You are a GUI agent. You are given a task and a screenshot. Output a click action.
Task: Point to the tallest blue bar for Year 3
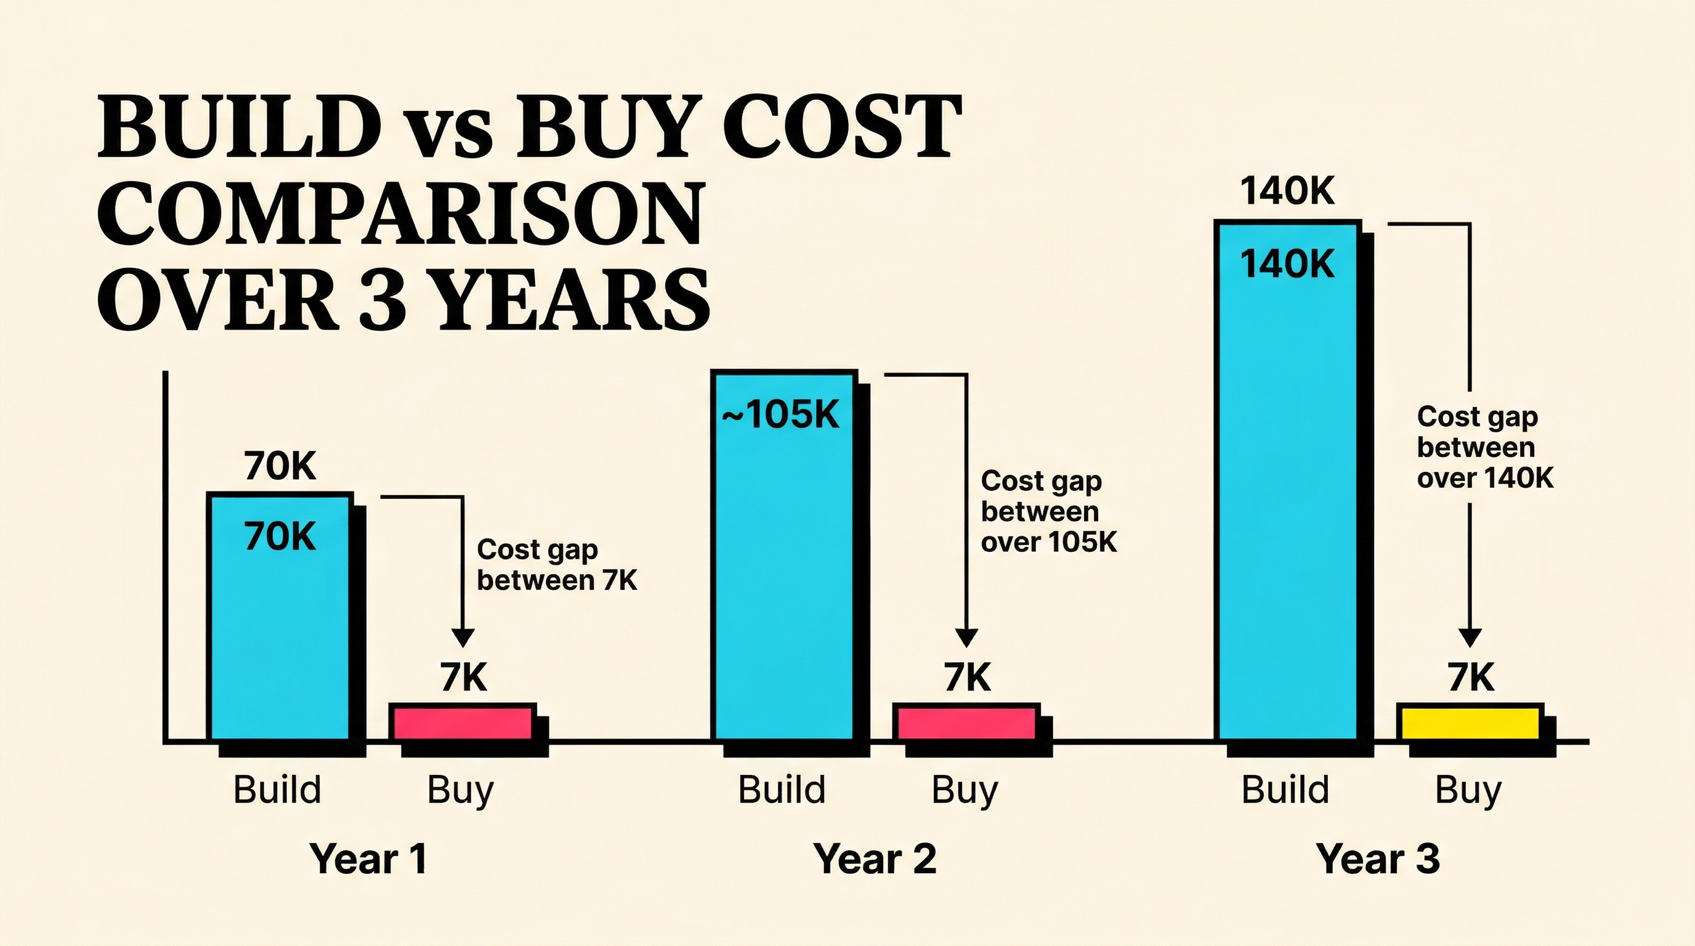click(x=1287, y=480)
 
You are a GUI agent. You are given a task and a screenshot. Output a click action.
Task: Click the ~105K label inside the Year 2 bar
click(x=781, y=415)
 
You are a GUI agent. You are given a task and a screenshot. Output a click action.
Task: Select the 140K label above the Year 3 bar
click(x=1287, y=192)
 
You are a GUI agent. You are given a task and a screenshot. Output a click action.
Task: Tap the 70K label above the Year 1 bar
click(x=280, y=466)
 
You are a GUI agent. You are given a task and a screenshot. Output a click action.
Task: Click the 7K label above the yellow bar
click(x=1471, y=677)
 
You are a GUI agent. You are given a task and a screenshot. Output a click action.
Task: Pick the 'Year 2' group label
click(x=875, y=859)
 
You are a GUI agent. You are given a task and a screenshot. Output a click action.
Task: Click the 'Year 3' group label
click(x=1378, y=859)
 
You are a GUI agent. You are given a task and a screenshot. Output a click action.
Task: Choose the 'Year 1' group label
click(x=368, y=859)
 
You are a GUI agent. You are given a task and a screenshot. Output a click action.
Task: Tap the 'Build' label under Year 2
click(x=781, y=790)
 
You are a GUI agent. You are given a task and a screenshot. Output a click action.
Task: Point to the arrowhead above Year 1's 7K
click(x=463, y=637)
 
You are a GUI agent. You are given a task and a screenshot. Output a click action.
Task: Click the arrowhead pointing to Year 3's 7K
click(x=1470, y=637)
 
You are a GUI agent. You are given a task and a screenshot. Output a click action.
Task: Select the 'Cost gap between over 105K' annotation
click(x=1048, y=511)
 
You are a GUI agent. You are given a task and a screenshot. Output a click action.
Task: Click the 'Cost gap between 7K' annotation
click(x=557, y=565)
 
